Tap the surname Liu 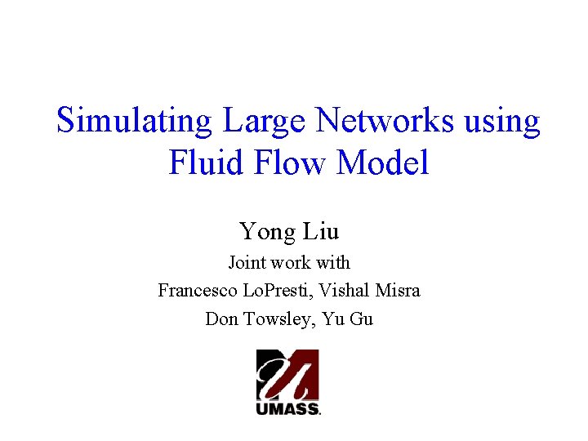[321, 232]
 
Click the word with [336, 263]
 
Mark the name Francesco [197, 291]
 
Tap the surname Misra [400, 291]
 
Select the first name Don [220, 319]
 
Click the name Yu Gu [348, 319]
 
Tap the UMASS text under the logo [287, 409]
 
